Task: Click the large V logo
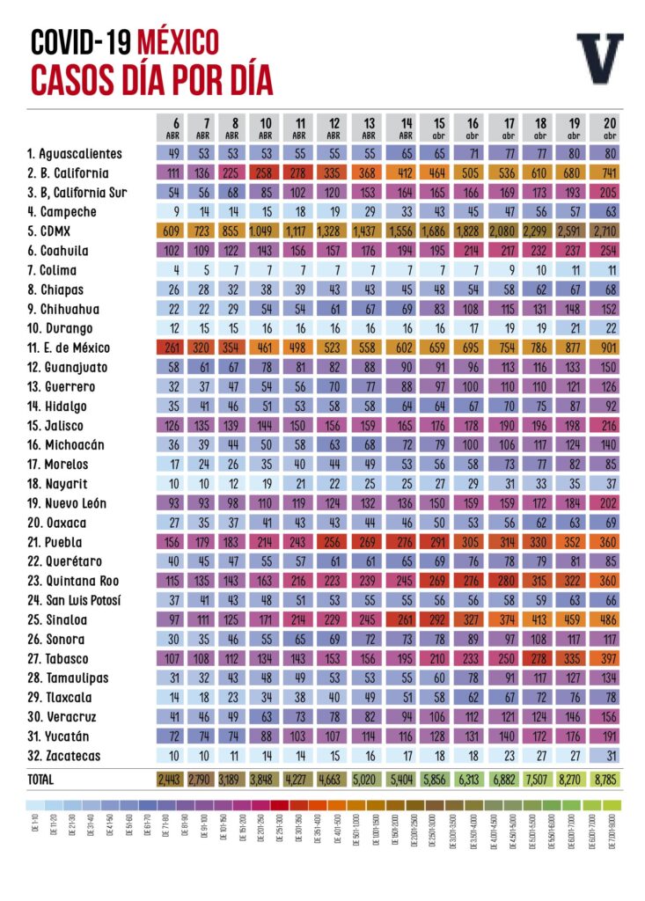click(600, 59)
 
